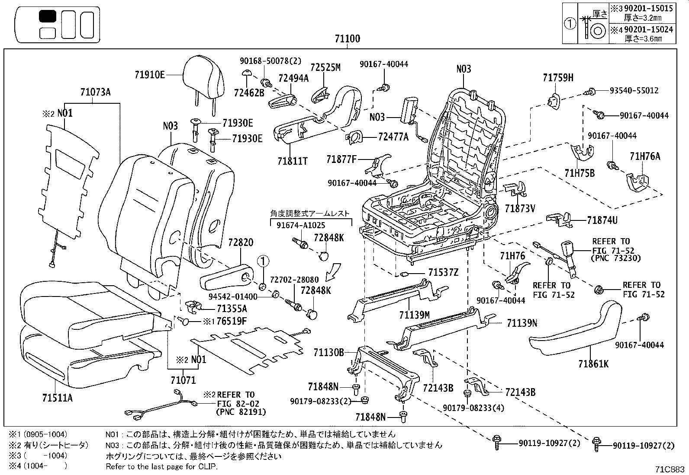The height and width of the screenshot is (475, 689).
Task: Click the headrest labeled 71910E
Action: pos(204,78)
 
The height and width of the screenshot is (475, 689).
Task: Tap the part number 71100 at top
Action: pos(347,39)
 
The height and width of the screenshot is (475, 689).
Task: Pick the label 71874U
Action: pos(602,220)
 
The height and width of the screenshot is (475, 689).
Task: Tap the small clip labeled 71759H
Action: pos(554,100)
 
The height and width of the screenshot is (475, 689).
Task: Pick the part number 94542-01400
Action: pos(233,296)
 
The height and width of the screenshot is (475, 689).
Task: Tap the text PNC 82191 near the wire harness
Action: pos(241,411)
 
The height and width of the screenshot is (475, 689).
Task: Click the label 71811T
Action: pos(292,161)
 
